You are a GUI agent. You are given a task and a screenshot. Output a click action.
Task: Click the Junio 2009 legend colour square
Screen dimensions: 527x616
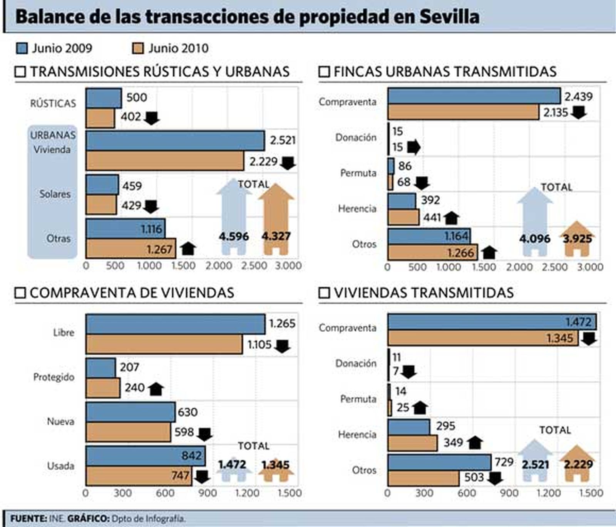click(22, 48)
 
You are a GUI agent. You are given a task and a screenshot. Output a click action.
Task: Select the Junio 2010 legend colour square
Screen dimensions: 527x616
click(138, 48)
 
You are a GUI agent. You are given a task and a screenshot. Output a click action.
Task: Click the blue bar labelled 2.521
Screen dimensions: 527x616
click(175, 141)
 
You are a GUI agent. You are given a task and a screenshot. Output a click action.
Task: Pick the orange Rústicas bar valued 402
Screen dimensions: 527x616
click(100, 118)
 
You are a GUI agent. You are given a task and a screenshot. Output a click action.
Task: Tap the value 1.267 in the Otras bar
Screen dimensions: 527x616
click(159, 249)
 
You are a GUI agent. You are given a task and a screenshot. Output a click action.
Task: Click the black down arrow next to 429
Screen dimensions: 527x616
click(151, 206)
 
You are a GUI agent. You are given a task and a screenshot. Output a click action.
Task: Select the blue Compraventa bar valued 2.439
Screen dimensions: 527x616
click(474, 96)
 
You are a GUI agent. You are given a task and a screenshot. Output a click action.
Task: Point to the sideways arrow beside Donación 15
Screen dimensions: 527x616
click(413, 147)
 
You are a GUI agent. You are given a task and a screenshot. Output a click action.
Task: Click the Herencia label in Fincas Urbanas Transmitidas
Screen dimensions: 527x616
click(357, 209)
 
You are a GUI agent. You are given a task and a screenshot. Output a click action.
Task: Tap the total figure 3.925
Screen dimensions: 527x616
click(577, 239)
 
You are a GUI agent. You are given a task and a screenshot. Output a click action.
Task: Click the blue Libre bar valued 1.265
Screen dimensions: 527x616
click(175, 324)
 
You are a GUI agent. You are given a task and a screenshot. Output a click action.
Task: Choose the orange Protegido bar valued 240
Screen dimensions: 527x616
click(103, 388)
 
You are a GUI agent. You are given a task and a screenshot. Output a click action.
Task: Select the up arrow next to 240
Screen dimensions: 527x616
click(156, 389)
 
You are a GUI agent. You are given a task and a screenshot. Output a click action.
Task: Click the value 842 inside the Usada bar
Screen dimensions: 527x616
click(191, 455)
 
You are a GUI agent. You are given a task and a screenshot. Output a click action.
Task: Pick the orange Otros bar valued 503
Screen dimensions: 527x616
click(423, 478)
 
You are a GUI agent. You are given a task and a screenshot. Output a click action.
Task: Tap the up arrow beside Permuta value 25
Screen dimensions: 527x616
click(420, 407)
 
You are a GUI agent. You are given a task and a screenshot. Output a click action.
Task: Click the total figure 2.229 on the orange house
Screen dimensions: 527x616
click(578, 464)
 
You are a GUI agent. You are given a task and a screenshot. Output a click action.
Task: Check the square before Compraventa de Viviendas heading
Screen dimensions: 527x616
click(20, 293)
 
